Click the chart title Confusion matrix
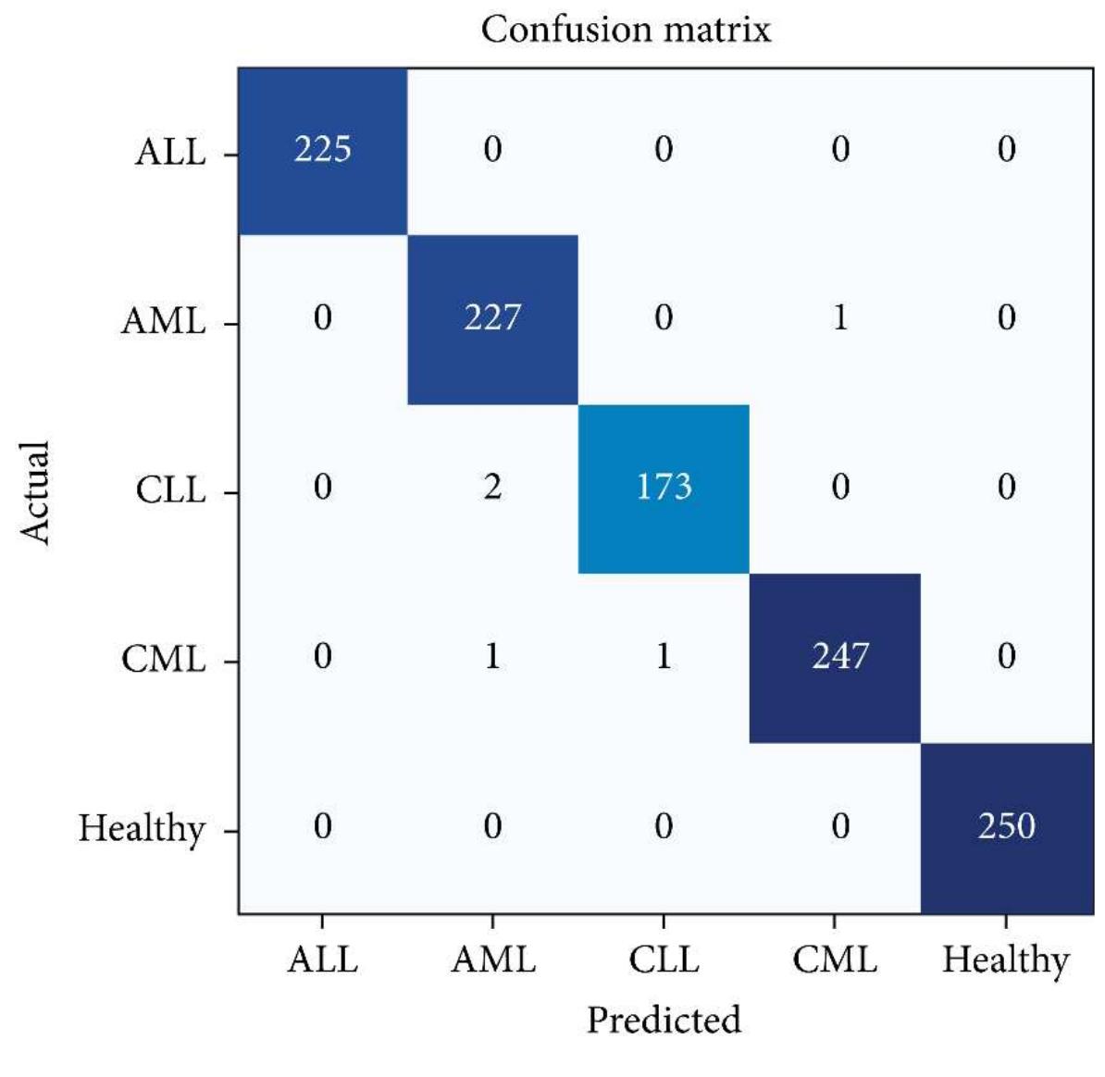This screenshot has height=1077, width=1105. (x=626, y=30)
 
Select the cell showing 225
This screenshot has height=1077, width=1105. (x=322, y=149)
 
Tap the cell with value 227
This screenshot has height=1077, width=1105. (x=492, y=318)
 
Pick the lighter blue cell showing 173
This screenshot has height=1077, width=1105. (x=664, y=488)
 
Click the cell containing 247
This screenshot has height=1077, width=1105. (x=839, y=657)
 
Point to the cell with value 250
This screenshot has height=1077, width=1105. (x=1007, y=825)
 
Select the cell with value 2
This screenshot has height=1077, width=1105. (x=492, y=488)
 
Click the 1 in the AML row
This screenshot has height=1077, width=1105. (x=839, y=318)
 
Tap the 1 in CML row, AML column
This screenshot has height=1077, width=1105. (x=492, y=657)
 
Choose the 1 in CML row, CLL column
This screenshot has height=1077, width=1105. (x=664, y=657)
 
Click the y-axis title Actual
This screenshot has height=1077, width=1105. (x=35, y=492)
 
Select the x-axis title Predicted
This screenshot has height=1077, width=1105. (x=664, y=1020)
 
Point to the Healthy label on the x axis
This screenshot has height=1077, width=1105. (x=1005, y=960)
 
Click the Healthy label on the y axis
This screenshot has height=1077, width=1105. (x=141, y=828)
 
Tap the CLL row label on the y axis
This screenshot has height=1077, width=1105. (x=170, y=489)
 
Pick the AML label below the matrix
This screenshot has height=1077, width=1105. (x=492, y=959)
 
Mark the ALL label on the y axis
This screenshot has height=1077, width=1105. (x=170, y=151)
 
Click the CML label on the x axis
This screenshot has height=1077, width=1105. (x=834, y=959)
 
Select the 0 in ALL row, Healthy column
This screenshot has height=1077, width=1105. (x=1007, y=149)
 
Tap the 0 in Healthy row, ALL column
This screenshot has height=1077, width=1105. (x=322, y=825)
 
